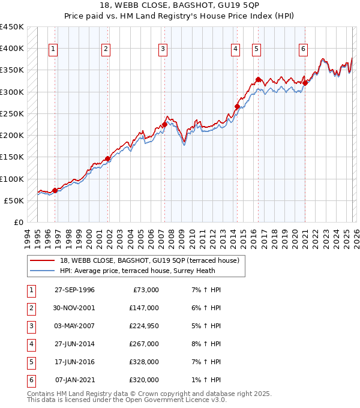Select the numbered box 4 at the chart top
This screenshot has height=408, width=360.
[235, 49]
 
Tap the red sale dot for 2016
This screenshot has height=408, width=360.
[257, 79]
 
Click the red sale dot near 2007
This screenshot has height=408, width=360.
[164, 125]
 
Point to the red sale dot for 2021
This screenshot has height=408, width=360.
[305, 83]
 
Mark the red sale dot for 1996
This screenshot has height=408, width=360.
[55, 191]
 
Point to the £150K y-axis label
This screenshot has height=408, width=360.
[12, 157]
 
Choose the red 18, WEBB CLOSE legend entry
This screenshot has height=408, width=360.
[149, 260]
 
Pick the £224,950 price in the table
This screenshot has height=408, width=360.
[143, 326]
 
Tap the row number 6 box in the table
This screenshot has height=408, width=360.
[30, 380]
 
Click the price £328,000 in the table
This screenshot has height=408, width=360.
[143, 362]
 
